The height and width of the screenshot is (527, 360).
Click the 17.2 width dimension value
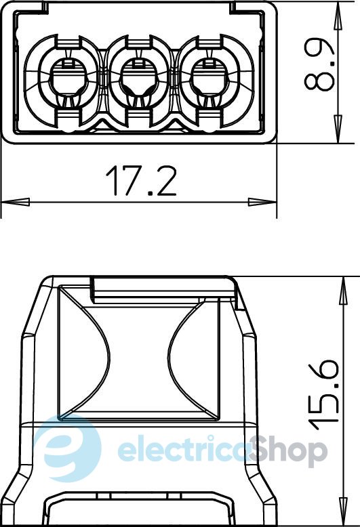point(141,181)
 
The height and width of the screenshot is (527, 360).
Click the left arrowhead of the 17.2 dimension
point(15,202)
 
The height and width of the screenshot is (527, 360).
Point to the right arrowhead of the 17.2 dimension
point(262,202)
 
